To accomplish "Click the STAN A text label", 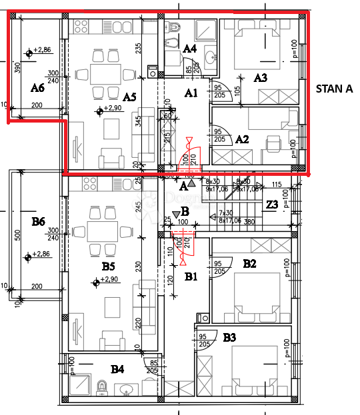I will [x=334, y=87].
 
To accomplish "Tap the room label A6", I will [x=37, y=87].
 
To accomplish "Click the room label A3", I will [x=261, y=77].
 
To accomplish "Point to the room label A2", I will [x=243, y=139].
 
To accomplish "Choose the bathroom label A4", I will [x=189, y=48].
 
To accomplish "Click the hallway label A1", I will [x=192, y=93].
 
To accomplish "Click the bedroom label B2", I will [x=249, y=263].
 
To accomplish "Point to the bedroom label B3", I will [x=229, y=338].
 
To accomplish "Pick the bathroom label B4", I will [x=117, y=368].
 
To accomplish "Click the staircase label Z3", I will [x=272, y=205].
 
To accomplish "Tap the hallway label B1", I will [x=192, y=275].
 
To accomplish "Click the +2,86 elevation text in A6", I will [x=43, y=50].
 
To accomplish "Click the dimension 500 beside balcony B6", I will [x=18, y=235].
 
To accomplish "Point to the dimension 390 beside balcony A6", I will [x=17, y=68].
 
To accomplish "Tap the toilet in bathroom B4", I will [x=102, y=387].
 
